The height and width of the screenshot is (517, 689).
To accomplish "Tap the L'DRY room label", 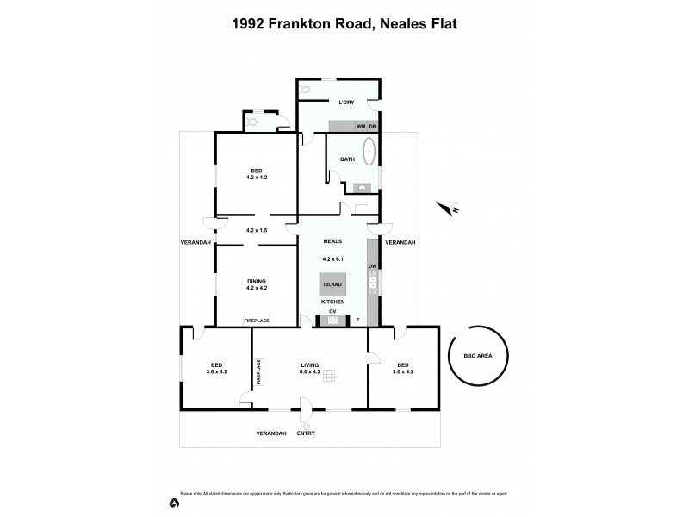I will tap(346, 103).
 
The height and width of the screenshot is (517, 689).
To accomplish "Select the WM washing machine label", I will tap(361, 127).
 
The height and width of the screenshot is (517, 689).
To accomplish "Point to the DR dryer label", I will tap(373, 127).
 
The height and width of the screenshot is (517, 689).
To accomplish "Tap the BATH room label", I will tap(347, 159).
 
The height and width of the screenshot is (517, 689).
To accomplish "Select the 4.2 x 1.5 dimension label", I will tap(257, 230).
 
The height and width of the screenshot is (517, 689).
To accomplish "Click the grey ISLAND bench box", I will tap(332, 284).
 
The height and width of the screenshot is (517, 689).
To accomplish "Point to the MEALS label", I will tap(333, 242).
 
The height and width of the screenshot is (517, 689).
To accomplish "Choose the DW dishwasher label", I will tap(372, 267).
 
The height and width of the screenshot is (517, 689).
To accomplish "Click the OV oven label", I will tap(332, 313).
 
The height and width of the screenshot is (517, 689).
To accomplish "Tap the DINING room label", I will tap(257, 281).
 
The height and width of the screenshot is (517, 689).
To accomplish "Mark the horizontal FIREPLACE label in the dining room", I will tap(257, 321).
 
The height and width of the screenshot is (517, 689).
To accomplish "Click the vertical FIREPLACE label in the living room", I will tap(258, 371).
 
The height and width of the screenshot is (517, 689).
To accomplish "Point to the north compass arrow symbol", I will tap(447, 207).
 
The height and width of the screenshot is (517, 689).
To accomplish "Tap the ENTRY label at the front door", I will tap(306, 433).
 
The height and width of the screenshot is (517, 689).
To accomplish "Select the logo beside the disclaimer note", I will tap(173, 501).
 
